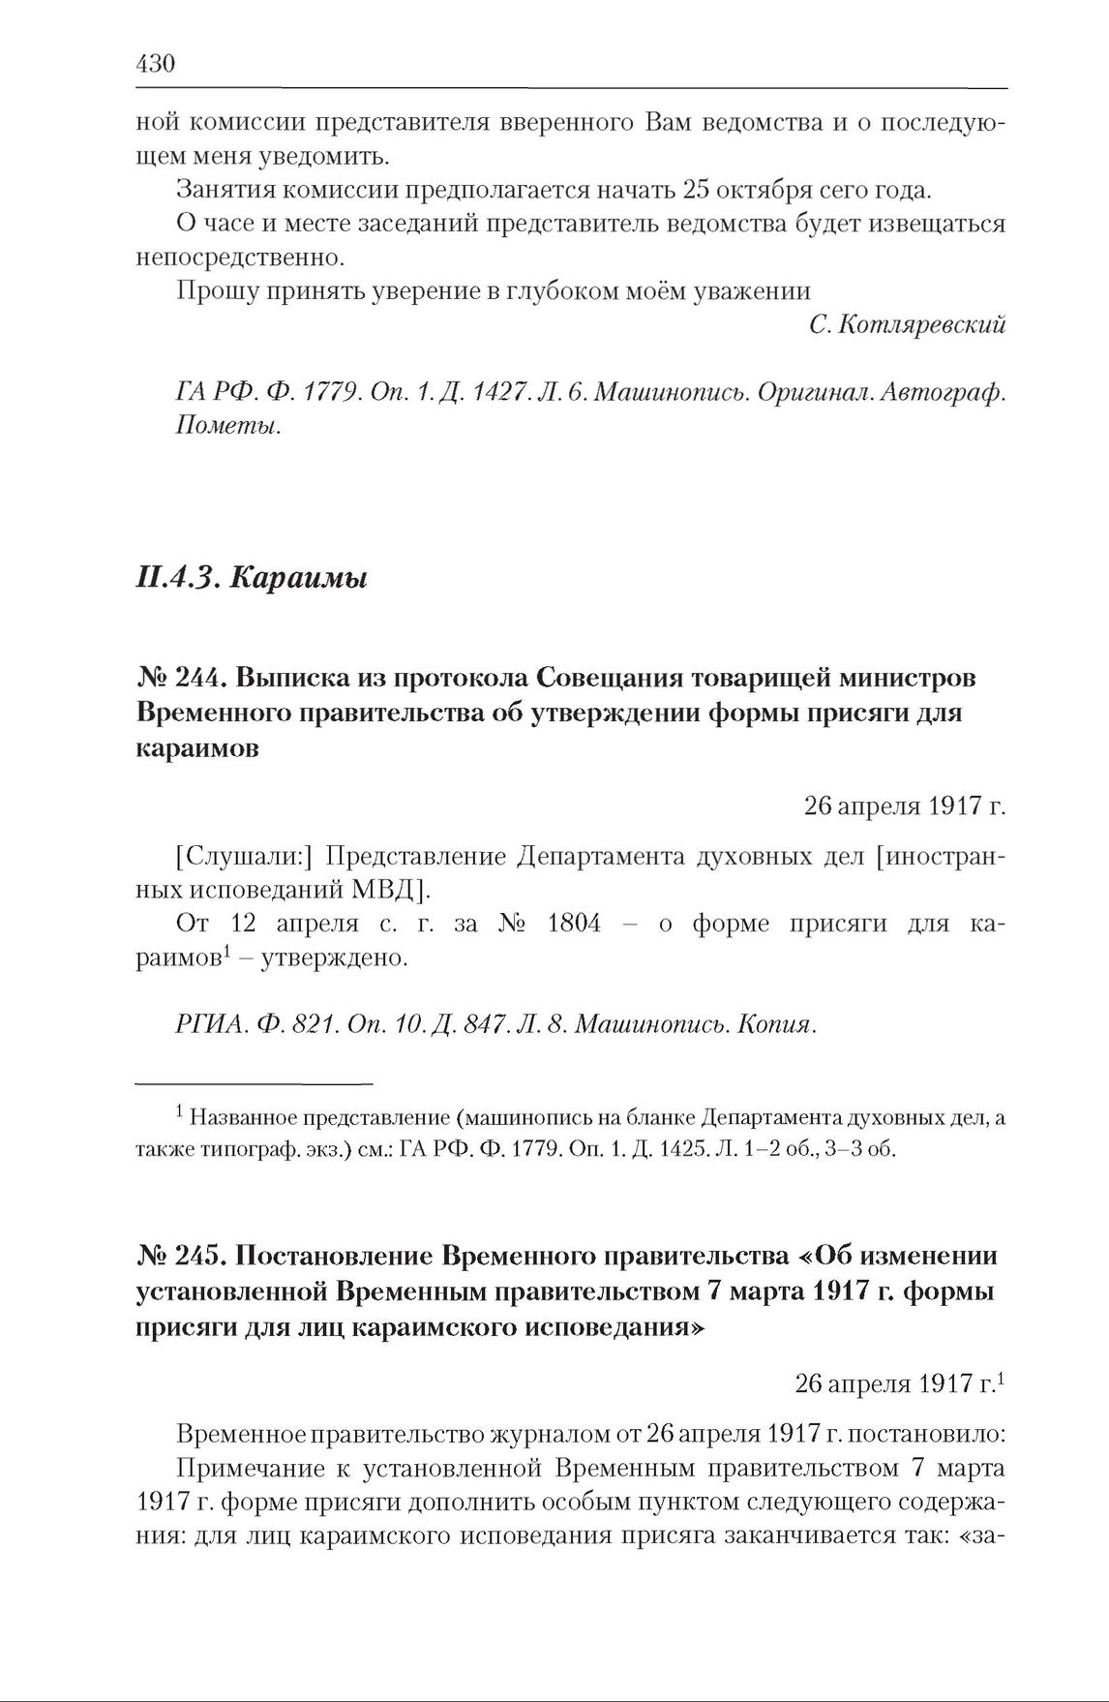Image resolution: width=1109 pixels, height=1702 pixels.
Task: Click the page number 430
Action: coord(155,65)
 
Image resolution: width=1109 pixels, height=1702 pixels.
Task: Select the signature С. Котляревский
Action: coord(907,325)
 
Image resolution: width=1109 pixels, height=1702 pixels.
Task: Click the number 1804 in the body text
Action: coord(574,924)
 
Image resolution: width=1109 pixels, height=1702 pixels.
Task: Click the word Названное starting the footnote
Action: coord(243,1118)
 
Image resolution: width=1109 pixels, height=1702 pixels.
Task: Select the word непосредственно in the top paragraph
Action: coord(239,258)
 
